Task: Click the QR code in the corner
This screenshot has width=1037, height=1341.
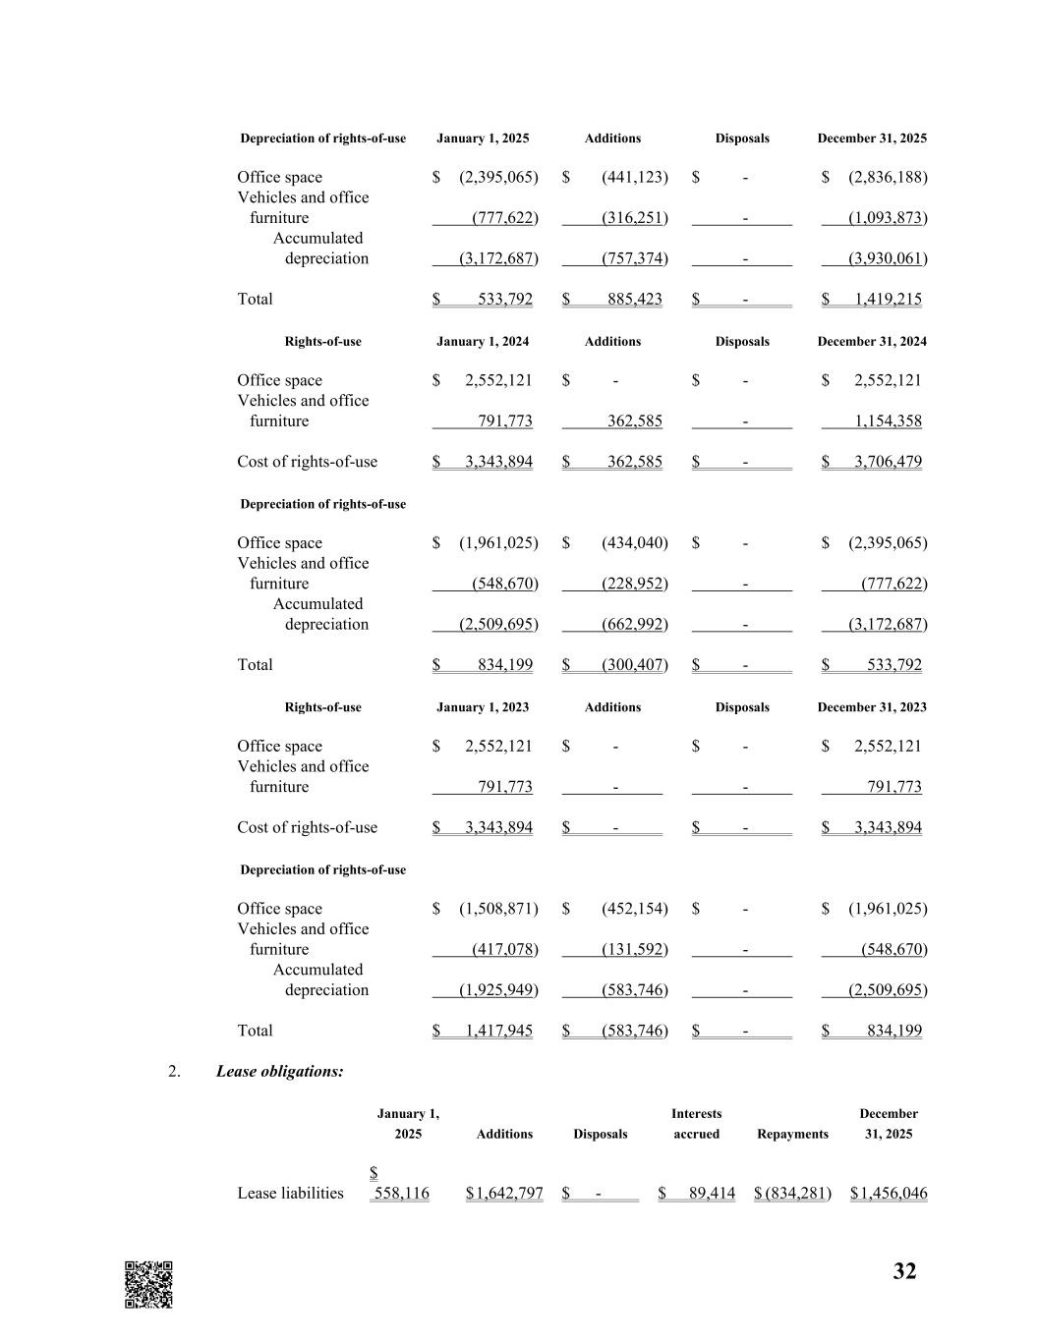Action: [x=148, y=1284]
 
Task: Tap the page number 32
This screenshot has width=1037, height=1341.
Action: [x=904, y=1271]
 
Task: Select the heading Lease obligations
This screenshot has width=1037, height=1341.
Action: [x=279, y=1071]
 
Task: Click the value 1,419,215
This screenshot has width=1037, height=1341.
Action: [x=888, y=299]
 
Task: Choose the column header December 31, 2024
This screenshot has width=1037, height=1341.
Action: [x=872, y=342]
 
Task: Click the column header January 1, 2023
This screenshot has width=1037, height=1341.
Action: [x=483, y=707]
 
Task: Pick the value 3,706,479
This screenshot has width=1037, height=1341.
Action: [x=888, y=462]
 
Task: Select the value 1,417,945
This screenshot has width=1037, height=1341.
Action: [x=498, y=1031]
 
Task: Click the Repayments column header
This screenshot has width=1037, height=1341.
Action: [x=792, y=1134]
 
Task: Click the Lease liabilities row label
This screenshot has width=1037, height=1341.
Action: [x=290, y=1193]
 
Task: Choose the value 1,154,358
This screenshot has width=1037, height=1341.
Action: [x=888, y=421]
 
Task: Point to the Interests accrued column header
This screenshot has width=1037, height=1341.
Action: [x=696, y=1124]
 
